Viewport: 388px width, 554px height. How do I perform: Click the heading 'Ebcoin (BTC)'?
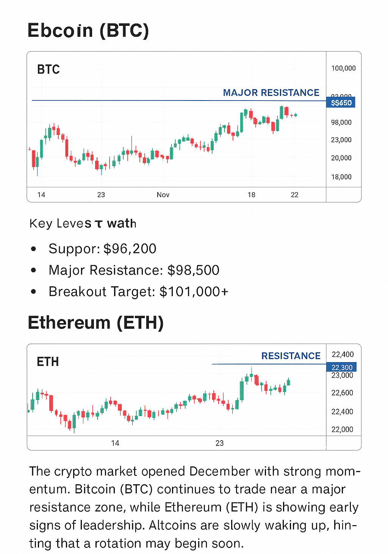88,30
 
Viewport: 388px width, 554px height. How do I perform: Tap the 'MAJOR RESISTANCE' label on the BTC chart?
271,93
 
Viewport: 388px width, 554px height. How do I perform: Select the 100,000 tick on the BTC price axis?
343,68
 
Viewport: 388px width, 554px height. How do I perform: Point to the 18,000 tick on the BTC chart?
341,177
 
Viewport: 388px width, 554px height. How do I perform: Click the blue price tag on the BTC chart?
341,103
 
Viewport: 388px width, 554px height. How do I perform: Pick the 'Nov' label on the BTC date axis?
163,195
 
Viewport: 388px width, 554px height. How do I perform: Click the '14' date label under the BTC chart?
41,195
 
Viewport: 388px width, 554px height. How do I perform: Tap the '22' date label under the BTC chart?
294,195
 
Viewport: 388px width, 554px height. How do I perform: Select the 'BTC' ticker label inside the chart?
48,70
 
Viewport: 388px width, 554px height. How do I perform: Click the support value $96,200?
130,249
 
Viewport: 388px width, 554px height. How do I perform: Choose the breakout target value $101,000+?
194,292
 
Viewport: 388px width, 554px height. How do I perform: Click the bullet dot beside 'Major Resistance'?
34,270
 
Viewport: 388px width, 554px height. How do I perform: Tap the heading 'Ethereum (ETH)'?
95,323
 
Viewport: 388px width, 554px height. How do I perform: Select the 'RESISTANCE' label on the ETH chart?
291,356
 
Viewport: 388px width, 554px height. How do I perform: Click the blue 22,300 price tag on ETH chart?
341,367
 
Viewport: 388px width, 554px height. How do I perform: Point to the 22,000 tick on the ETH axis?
342,429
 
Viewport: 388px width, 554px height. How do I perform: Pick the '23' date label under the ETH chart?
220,443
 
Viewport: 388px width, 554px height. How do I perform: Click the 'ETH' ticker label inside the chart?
48,362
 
